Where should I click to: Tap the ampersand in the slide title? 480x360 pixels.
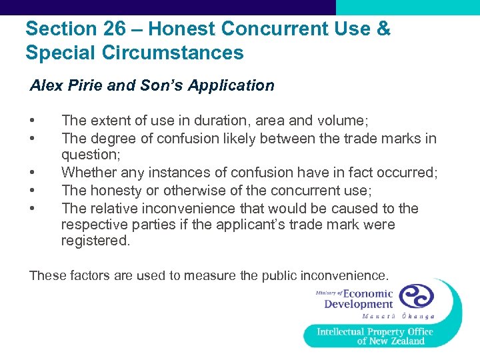383,29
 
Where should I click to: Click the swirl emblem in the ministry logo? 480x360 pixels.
415,297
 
